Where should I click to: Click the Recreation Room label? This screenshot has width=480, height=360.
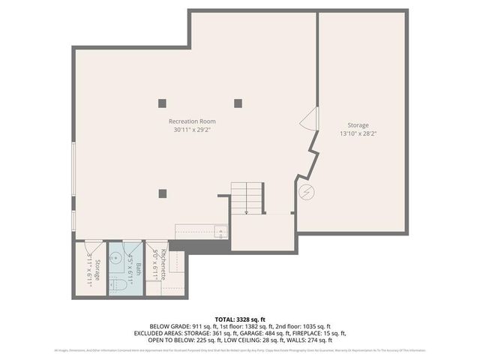(192, 121)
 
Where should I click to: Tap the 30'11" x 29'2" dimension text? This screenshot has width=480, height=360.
(192, 129)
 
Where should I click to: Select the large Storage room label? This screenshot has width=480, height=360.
(358, 125)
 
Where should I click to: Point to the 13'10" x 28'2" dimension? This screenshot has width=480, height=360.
(358, 133)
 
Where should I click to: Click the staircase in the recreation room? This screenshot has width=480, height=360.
(247, 198)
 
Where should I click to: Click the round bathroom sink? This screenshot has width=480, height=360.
(115, 256)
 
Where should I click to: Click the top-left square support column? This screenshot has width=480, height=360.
(162, 103)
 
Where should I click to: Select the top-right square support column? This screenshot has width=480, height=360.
(238, 103)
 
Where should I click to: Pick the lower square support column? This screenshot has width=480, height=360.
(162, 193)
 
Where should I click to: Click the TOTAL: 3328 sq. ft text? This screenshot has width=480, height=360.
(239, 319)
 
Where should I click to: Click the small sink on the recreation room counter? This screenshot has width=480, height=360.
(220, 231)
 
